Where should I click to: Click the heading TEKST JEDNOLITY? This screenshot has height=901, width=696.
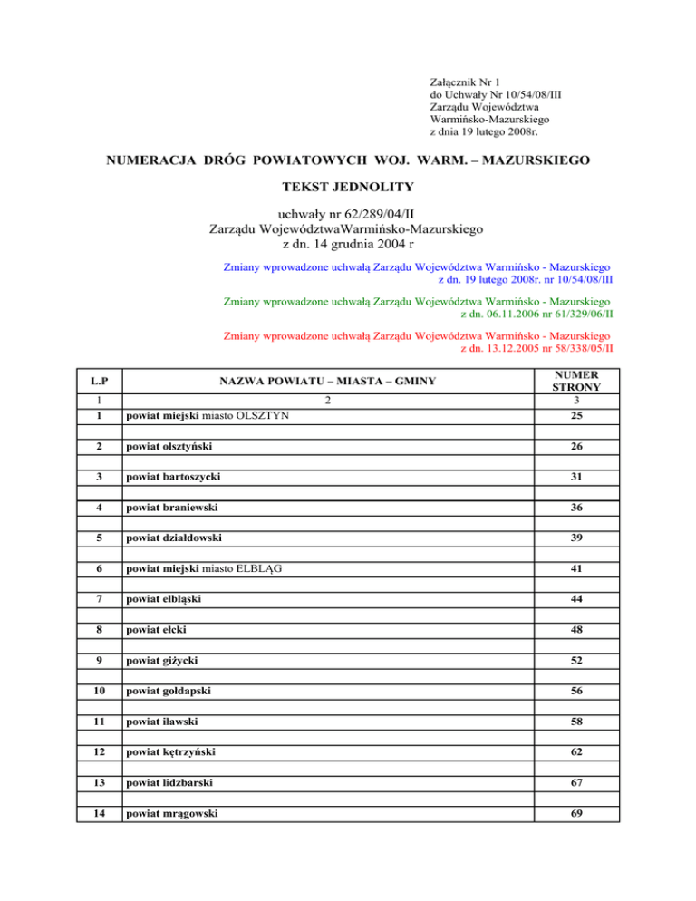[x=348, y=188]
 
